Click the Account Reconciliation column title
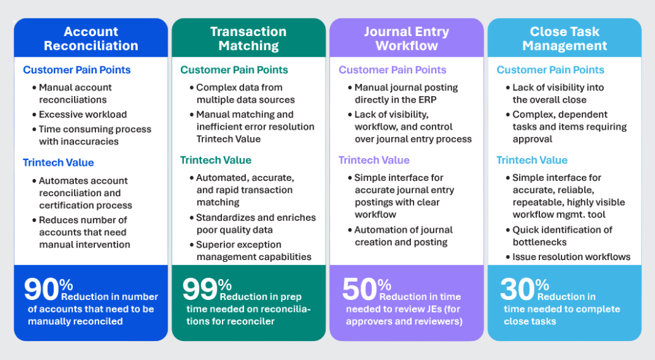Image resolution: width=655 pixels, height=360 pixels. tap(91, 39)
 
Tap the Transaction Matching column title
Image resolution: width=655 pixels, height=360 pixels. tap(248, 39)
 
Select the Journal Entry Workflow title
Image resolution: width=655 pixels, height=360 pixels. tap(407, 39)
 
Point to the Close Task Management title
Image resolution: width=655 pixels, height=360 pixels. tap(565, 39)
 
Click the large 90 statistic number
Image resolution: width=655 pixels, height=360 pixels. tap(41, 289)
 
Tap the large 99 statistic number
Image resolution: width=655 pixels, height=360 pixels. tap(200, 289)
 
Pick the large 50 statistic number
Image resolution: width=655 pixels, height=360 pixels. tap(359, 289)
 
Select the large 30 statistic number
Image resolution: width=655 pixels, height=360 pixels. tap(517, 289)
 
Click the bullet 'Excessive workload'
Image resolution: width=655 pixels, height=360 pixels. tap(83, 115)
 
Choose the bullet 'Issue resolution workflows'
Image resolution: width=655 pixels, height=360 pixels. tap(571, 257)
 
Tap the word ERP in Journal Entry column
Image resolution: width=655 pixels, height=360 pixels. tap(425, 100)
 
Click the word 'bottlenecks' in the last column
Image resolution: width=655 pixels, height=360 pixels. tap(539, 242)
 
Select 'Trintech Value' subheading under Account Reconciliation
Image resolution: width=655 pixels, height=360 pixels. tap(58, 163)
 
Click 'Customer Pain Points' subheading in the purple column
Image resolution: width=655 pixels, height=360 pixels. tap(392, 70)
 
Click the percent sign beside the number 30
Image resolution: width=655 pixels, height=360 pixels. tap(542, 285)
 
